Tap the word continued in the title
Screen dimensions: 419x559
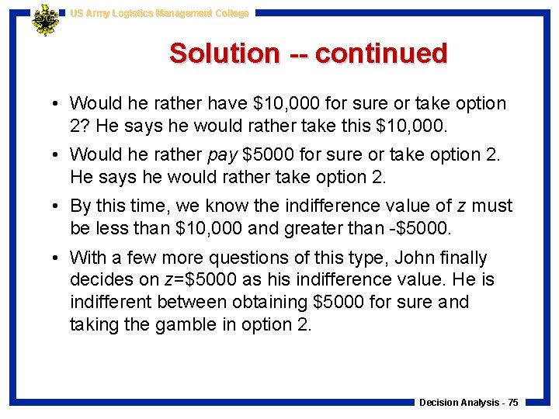coord(381,54)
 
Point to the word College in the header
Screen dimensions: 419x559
coord(230,13)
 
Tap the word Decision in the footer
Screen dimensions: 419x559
coord(438,402)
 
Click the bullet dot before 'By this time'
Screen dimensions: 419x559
coord(57,206)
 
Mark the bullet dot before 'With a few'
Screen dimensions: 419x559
coord(57,258)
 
